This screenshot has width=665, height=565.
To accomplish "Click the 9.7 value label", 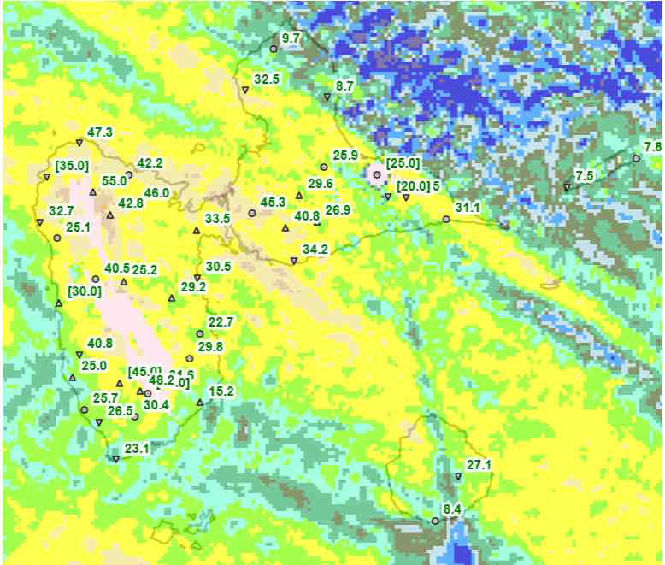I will [x=291, y=38].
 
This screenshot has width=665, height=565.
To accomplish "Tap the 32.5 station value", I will [x=267, y=79].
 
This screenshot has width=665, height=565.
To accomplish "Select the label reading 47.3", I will [x=100, y=132].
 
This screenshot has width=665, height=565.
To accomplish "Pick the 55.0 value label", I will [x=114, y=181].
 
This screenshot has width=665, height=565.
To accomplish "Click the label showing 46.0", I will [x=156, y=193].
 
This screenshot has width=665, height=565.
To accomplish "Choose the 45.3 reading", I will [x=273, y=203].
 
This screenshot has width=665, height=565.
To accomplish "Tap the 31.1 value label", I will [x=468, y=209].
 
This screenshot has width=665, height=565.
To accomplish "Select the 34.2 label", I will [x=315, y=250].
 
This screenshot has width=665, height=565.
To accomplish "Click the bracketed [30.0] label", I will [x=85, y=291].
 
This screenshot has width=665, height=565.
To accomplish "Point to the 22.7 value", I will [x=221, y=321].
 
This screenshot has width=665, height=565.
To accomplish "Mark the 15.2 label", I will [x=221, y=391].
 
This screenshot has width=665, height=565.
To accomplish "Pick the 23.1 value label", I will [x=137, y=448].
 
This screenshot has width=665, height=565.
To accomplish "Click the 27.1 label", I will [x=479, y=466].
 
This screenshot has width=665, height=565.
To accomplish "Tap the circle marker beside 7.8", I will [x=636, y=158].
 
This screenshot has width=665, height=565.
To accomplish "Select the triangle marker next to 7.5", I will [x=567, y=186].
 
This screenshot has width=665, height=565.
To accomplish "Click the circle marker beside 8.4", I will [x=435, y=521].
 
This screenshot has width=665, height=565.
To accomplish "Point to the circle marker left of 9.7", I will [x=274, y=49].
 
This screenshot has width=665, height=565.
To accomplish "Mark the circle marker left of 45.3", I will [x=251, y=213].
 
